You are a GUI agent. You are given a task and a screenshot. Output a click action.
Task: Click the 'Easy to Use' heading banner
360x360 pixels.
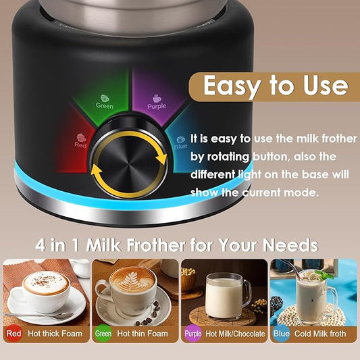275,86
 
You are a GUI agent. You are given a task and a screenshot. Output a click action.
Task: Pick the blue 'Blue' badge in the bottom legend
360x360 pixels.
281,334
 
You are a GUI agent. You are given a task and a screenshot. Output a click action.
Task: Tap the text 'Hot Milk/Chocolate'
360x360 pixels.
234,334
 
